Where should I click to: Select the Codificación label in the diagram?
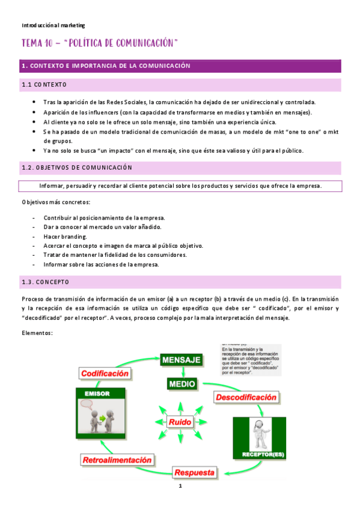coord(105,373)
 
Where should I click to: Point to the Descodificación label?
coord(245,397)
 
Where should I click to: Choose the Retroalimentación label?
coord(117,460)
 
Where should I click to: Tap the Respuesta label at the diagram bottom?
coord(194,473)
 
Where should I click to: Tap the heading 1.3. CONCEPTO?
coord(45,282)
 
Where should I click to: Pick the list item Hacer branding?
coord(66,236)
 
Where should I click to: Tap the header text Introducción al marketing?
coord(53,25)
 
